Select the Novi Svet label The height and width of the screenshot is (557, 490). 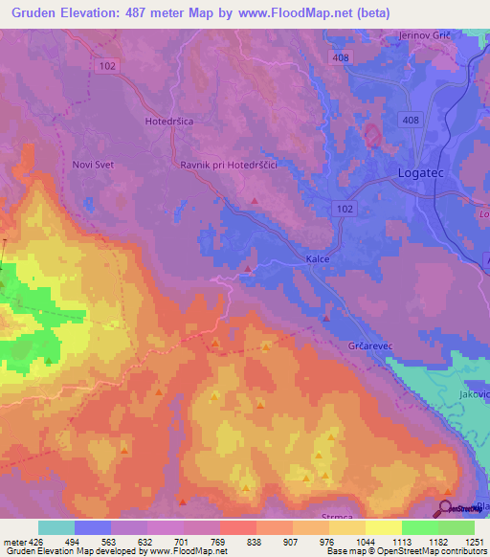93,165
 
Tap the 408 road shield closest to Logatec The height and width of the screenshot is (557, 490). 411,120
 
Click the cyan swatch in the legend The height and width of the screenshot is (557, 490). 56,527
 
